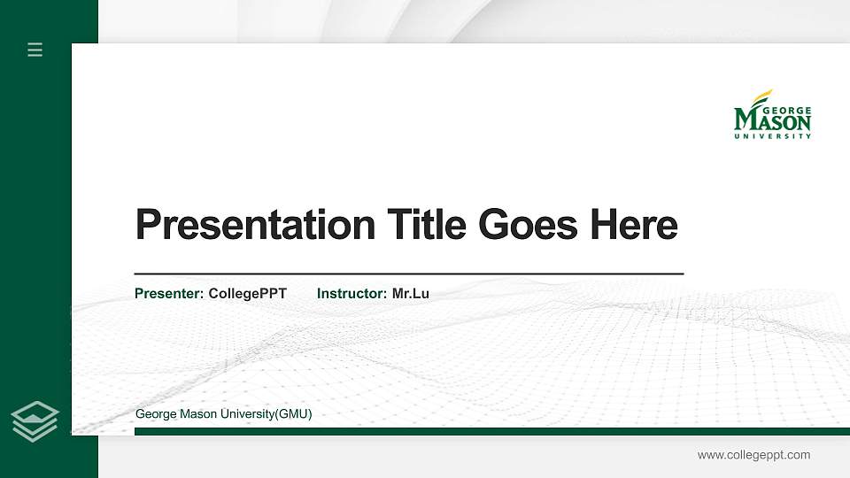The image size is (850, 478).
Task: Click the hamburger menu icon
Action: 35,50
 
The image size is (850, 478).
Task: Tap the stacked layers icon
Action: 35,421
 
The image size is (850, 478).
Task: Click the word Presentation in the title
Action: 255,225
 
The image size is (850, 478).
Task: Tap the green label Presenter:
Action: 169,293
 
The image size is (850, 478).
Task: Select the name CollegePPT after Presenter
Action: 248,293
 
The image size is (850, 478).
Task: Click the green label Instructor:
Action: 352,293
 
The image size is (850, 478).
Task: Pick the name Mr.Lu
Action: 411,293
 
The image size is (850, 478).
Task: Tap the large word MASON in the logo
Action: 772,122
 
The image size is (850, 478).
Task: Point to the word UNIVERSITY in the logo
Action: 772,136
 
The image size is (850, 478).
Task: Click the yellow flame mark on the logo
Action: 761,96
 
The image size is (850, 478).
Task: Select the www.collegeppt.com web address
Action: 753,455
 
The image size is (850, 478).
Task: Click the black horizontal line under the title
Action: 408,274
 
